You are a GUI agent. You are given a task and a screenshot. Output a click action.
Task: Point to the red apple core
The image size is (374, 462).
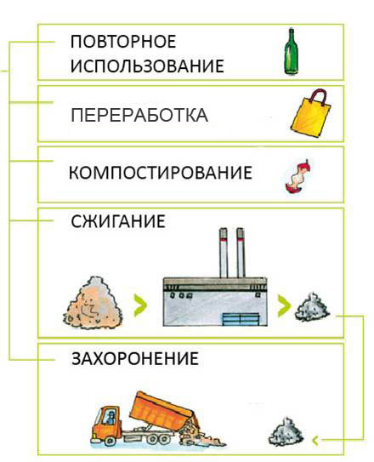pos(297,176)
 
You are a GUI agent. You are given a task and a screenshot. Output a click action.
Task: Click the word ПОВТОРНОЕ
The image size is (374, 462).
pos(123,41)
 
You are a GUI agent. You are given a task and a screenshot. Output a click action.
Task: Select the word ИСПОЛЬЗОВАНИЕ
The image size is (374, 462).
pos(147,66)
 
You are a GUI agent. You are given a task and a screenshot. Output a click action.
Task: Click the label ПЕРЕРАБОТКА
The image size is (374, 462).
pos(139,115)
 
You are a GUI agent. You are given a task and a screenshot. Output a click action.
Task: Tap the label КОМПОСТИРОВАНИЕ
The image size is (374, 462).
pos(161,173)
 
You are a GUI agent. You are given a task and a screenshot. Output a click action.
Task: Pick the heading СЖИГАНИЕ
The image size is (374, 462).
pos(118,221)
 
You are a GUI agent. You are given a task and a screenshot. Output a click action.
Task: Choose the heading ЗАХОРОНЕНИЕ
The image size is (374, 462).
pos(135,358)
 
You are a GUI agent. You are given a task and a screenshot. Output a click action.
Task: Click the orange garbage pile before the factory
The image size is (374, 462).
pos(93,303)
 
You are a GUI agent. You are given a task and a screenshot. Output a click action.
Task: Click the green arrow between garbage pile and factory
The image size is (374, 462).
pos(140,305)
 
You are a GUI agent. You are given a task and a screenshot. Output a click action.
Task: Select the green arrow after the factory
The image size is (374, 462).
pos(284,305)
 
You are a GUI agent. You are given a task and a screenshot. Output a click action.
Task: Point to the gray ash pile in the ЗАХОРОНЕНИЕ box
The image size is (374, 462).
pos(286,432)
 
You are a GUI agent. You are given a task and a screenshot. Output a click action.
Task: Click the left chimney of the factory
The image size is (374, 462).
pos(224,253)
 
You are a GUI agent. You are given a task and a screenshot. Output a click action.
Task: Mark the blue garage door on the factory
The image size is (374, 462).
pos(241,319)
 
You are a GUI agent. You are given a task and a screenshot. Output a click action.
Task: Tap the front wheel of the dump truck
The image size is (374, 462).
pos(110,440)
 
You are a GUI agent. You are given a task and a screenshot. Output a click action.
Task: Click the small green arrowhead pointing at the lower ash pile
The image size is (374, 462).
pos(315,441)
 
